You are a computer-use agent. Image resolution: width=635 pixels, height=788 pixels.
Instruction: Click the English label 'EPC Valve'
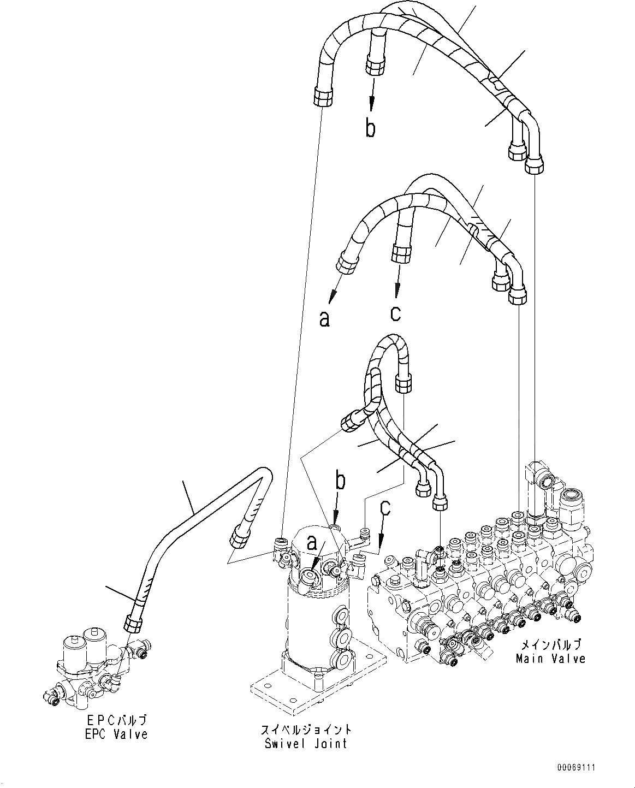(116, 734)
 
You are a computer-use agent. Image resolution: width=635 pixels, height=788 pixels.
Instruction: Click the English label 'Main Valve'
(550, 659)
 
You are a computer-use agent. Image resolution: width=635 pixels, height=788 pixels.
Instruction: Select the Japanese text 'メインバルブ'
(550, 645)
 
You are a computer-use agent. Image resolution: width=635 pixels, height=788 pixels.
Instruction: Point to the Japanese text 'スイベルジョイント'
(306, 730)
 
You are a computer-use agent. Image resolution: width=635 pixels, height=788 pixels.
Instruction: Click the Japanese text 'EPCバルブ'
(116, 721)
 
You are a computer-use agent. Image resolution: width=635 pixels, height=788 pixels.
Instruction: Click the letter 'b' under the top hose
(370, 129)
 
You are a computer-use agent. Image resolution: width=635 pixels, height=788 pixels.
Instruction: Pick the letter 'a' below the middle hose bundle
(324, 318)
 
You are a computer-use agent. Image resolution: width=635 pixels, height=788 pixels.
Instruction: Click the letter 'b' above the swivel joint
(340, 482)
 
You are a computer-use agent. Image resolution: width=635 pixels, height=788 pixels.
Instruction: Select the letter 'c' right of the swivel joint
(385, 508)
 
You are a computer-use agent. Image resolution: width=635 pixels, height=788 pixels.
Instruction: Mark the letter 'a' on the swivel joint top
(312, 543)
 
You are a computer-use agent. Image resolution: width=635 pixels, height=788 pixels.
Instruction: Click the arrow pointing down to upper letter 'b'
(372, 93)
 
